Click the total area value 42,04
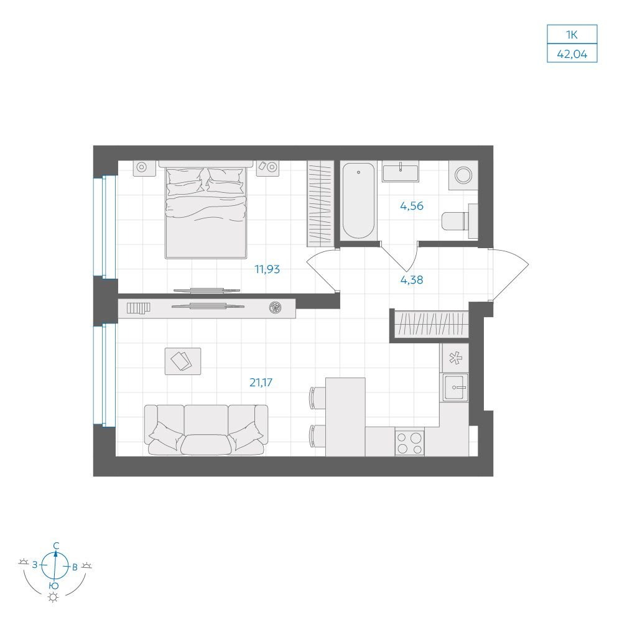(x=572, y=53)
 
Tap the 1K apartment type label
(x=572, y=34)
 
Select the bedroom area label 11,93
(x=267, y=269)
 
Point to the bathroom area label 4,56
(x=411, y=206)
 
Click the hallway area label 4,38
(x=411, y=280)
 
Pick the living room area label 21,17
(x=261, y=383)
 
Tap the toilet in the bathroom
(x=460, y=221)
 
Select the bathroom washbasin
(x=400, y=172)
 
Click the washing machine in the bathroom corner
(x=463, y=175)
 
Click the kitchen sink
(x=455, y=388)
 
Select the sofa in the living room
(x=206, y=430)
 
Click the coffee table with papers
(x=182, y=361)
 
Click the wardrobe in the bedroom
(x=320, y=202)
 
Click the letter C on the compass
(x=57, y=546)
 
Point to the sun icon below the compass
(x=53, y=597)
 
